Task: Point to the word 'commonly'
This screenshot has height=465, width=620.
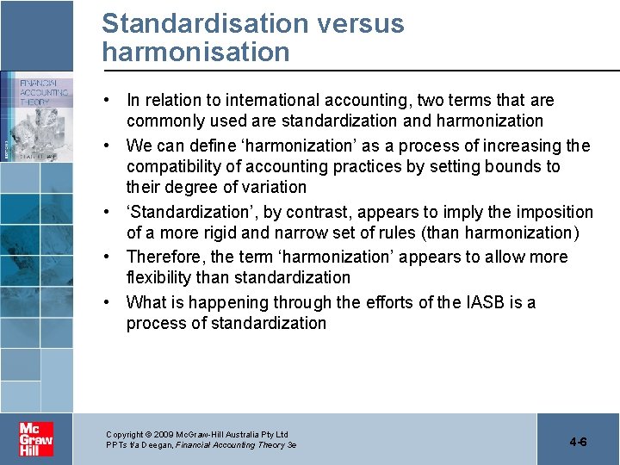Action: coord(164,121)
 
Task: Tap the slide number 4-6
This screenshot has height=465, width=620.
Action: coord(578,442)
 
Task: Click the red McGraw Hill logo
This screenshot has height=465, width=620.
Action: coord(37,439)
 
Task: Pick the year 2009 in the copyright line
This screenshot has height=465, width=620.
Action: coord(164,435)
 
